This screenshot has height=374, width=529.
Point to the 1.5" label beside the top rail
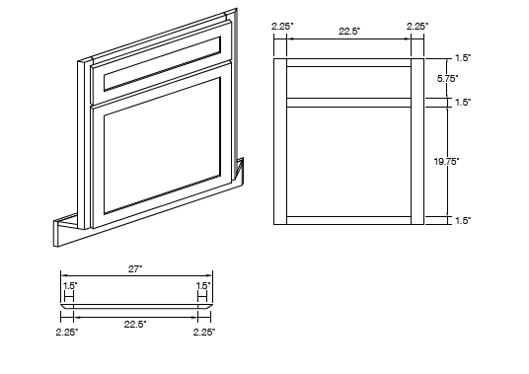[463, 57]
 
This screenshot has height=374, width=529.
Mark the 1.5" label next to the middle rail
[463, 102]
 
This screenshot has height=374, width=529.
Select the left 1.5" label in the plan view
[70, 285]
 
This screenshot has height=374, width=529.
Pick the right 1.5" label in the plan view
[202, 285]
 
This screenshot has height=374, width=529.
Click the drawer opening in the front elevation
[348, 82]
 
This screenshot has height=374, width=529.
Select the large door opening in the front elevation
[348, 160]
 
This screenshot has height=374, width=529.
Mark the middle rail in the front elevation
[348, 102]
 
